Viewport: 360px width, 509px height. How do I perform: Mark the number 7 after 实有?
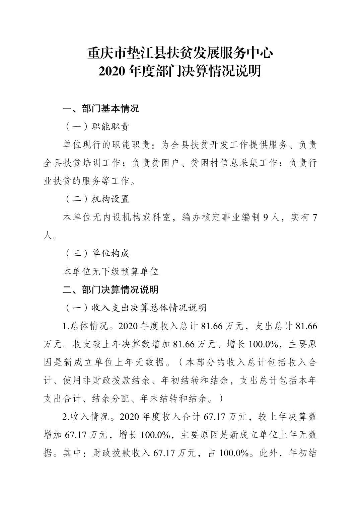tap(314, 217)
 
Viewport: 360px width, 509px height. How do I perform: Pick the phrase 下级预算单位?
tap(130, 271)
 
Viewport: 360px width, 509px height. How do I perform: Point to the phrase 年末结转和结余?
tap(174, 399)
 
